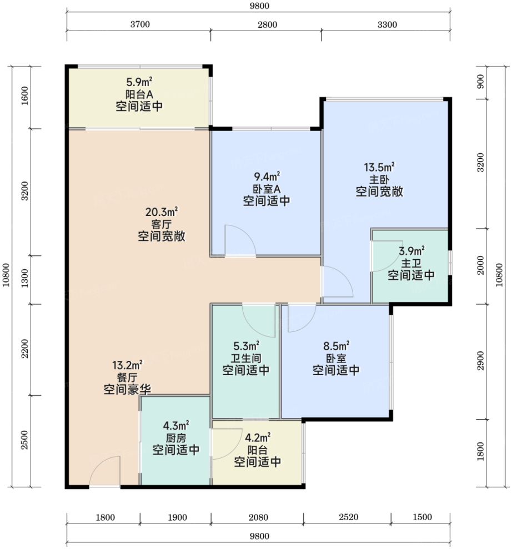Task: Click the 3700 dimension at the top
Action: [x=140, y=24]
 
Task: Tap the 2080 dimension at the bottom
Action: [x=258, y=517]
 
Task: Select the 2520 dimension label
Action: [x=348, y=517]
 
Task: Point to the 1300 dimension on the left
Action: [x=24, y=278]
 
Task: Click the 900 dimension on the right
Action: [x=480, y=82]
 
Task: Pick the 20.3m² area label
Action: [x=162, y=212]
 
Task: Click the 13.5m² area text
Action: [x=380, y=167]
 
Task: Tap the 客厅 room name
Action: [x=162, y=224]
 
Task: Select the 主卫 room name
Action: [x=411, y=263]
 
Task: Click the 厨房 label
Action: [x=176, y=437]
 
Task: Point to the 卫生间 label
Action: [x=246, y=358]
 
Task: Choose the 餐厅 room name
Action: [x=127, y=377]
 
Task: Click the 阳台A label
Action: [x=139, y=94]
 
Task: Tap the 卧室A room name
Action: [x=267, y=189]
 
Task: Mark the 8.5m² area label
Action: [x=336, y=346]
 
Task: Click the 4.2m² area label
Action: [x=258, y=437]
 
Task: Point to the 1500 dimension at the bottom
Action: [x=423, y=517]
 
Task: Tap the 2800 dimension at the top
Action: [x=267, y=24]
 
